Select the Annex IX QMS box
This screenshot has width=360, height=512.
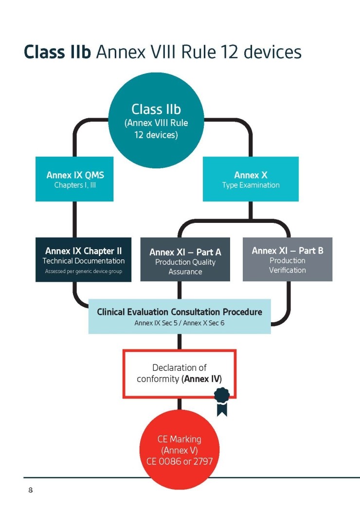tap(74, 179)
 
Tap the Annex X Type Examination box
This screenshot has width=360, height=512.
tap(251, 179)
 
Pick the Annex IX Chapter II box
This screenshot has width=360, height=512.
tap(83, 259)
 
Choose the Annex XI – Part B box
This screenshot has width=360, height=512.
tap(288, 259)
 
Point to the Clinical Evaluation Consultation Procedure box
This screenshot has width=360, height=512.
tap(180, 316)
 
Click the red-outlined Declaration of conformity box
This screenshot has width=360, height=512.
tap(180, 374)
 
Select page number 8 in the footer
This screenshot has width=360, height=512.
tap(30, 490)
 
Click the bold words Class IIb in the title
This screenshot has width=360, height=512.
tap(57, 52)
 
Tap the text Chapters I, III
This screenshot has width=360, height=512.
tap(74, 185)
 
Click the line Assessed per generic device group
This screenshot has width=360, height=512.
tap(83, 271)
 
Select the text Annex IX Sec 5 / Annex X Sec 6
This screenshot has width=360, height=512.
tap(180, 322)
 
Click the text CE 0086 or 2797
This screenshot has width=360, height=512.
tap(180, 460)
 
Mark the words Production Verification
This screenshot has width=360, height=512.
tap(288, 265)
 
